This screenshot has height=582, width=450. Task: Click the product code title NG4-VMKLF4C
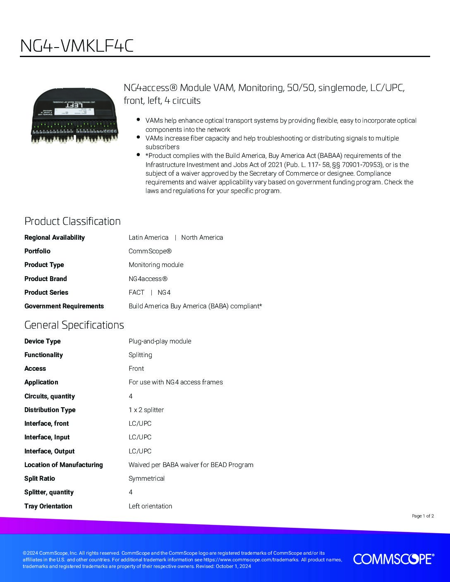(77, 46)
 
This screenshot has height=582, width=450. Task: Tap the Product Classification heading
(72, 221)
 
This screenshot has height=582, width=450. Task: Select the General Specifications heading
(74, 325)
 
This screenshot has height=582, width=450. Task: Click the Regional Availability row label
(55, 237)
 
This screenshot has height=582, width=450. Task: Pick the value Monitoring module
(156, 265)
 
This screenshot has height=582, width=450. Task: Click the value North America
(202, 237)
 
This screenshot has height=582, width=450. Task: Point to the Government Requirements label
(64, 306)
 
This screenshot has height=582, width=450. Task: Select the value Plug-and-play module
(160, 341)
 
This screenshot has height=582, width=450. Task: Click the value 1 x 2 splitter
(146, 410)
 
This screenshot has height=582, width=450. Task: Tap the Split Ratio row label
(40, 478)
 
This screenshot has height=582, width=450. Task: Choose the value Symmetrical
(146, 478)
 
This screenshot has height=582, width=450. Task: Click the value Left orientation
(150, 506)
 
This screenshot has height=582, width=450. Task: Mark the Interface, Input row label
(47, 437)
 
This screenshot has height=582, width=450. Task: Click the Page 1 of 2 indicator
(423, 516)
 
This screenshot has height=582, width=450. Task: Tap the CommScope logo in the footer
(393, 559)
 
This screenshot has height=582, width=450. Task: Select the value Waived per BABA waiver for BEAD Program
(191, 465)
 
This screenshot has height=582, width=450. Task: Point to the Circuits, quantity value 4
(131, 396)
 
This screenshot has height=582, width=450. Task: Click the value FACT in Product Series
(136, 292)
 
